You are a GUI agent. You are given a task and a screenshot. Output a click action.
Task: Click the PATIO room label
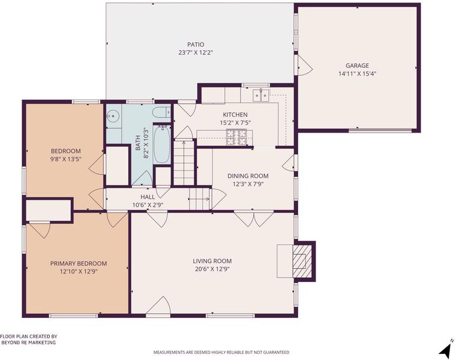pos(196,44)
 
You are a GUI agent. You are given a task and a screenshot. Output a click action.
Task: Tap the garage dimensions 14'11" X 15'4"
pos(358,74)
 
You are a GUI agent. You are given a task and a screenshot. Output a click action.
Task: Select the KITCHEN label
pos(235,115)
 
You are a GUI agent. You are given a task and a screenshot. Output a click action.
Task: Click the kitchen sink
pos(261,95)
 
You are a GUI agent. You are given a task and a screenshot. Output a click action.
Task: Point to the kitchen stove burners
pos(236,137)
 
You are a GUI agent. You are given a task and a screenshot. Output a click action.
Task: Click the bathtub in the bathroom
pos(161,144)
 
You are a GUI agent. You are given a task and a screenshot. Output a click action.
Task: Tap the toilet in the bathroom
pos(161,113)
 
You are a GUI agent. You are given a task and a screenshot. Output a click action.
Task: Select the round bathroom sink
pos(112,116)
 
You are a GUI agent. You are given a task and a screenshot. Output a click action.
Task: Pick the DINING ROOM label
pos(248,176)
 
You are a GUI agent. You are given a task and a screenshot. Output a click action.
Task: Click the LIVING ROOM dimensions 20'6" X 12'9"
pos(212,269)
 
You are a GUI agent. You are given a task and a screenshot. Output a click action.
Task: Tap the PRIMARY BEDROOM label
pos(79,263)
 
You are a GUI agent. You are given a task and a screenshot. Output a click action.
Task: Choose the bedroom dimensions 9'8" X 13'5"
pos(65,159)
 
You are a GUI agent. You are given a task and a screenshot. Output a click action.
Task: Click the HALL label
pos(148,197)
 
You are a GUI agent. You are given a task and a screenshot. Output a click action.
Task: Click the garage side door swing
pos(304,66)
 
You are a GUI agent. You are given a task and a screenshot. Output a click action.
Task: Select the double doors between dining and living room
pos(254,219)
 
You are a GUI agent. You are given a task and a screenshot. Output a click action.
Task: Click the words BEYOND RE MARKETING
pos(29,342)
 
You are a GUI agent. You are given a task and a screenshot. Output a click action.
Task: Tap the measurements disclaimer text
pos(221,352)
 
